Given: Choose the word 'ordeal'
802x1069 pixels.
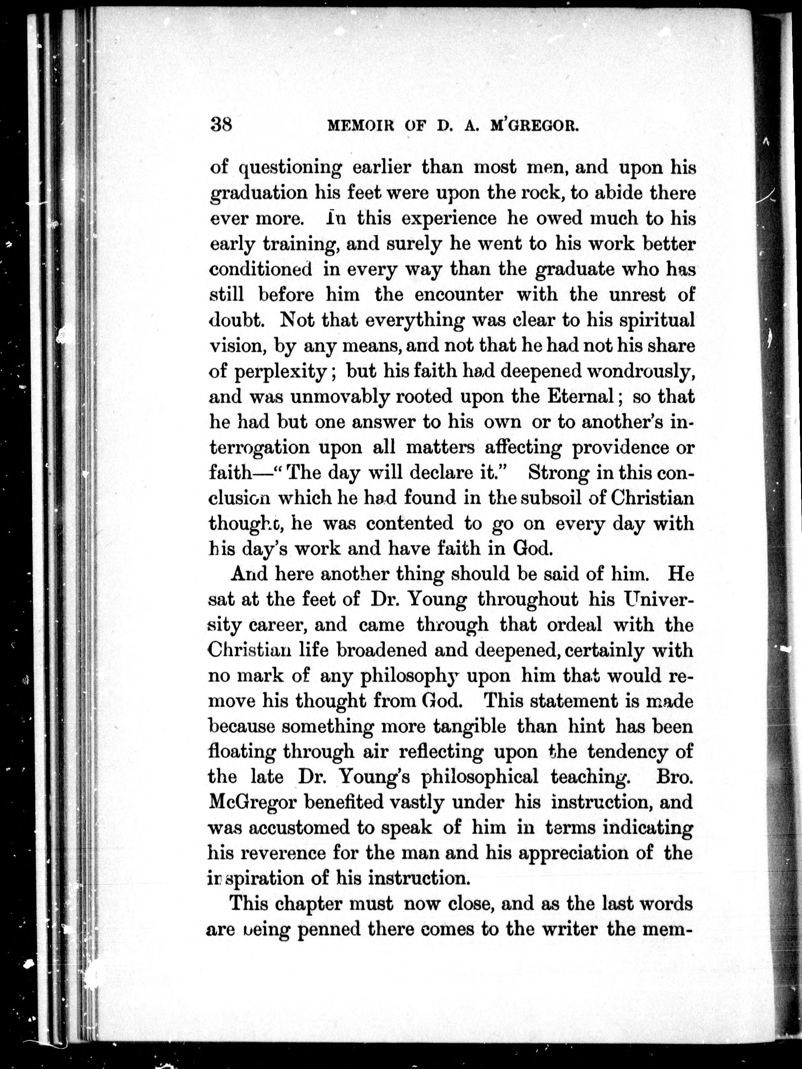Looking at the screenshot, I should pyautogui.click(x=574, y=625).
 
